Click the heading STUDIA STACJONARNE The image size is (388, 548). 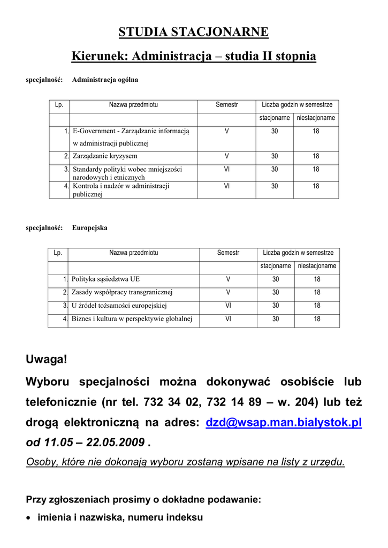(x=194, y=32)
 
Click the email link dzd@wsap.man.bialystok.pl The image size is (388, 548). (x=284, y=422)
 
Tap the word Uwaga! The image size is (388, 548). (x=47, y=360)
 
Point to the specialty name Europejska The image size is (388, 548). (x=89, y=227)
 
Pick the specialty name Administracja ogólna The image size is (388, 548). (x=105, y=80)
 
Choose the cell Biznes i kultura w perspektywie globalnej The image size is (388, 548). (x=132, y=319)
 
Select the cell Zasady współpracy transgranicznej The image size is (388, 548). (x=122, y=292)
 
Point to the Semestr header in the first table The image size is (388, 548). (x=226, y=105)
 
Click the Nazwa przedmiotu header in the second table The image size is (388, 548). (x=134, y=253)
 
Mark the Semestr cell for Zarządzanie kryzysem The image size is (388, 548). (x=226, y=156)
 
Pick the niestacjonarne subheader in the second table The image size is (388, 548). (x=317, y=266)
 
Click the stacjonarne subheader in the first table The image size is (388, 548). (x=275, y=118)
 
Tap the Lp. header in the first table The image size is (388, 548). (x=59, y=105)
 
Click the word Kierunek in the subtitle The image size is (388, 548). (x=98, y=56)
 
